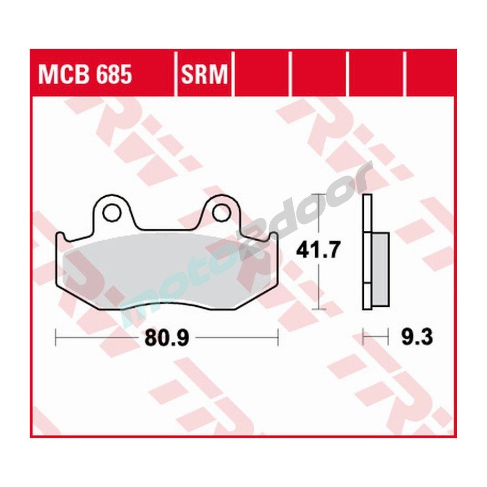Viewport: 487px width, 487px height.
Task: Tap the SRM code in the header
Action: point(205,75)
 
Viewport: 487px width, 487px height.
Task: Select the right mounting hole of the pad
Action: point(221,211)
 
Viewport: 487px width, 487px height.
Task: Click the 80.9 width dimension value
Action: point(166,337)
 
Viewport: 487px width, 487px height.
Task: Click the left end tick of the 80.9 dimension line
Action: point(56,336)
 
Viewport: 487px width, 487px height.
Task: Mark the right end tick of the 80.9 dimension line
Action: point(278,336)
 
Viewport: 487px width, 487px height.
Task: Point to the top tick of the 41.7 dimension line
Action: point(318,194)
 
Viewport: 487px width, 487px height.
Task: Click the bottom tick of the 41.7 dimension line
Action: point(318,309)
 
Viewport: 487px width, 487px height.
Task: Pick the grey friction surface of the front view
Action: point(166,270)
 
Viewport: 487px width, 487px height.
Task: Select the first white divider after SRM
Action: point(233,73)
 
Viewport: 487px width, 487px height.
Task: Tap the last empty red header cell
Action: point(431,73)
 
